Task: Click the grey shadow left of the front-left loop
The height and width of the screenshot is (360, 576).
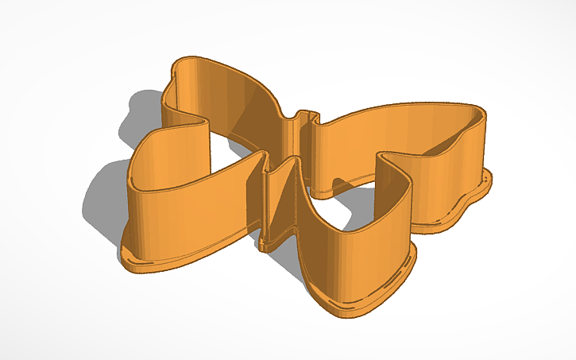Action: [x=103, y=199]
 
